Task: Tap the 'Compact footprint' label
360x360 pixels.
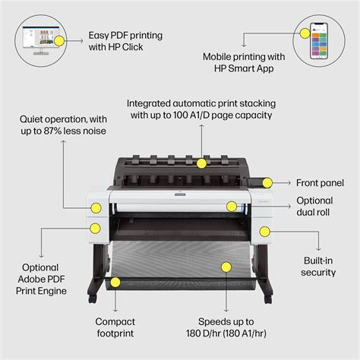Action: click(116, 328)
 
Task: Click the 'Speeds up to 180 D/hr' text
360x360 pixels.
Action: click(226, 328)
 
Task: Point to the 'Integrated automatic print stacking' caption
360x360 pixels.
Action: click(201, 108)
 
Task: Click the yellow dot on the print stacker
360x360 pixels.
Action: click(201, 163)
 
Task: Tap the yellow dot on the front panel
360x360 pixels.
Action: click(267, 182)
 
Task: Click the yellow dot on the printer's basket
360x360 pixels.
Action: click(226, 266)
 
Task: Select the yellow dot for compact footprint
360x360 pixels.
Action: click(115, 283)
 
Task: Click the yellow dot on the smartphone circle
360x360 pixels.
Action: click(304, 33)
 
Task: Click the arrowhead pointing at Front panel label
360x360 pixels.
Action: click(292, 182)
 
